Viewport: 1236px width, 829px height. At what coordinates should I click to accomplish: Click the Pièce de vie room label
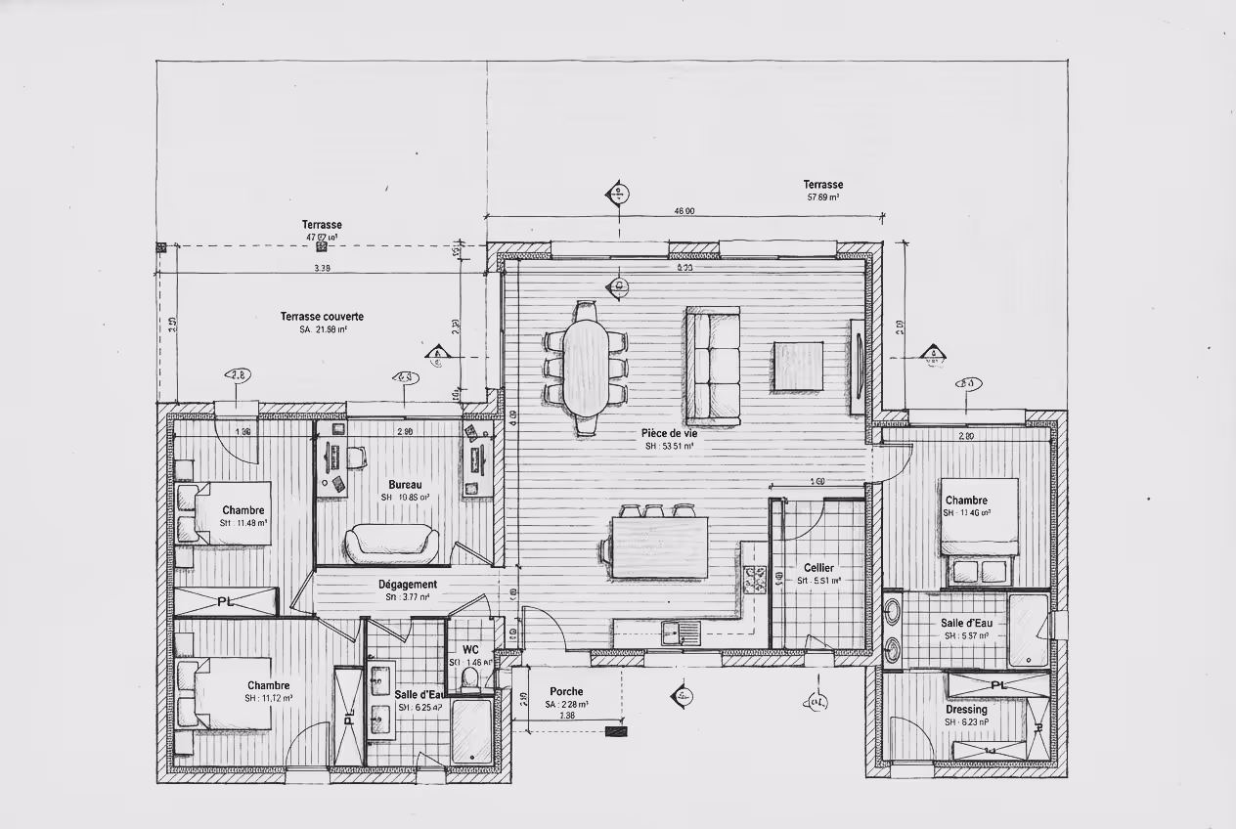[x=669, y=432]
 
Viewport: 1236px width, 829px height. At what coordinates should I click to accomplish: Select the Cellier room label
[x=818, y=568]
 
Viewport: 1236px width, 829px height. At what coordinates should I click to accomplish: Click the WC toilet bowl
[x=470, y=677]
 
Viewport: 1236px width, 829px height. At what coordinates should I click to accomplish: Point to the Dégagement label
[x=407, y=585]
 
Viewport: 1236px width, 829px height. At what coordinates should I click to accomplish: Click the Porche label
[x=566, y=691]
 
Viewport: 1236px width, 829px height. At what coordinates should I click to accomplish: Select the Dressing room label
[x=965, y=710]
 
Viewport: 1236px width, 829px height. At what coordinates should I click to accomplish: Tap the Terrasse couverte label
[x=322, y=317]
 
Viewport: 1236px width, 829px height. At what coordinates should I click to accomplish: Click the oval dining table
[x=586, y=366]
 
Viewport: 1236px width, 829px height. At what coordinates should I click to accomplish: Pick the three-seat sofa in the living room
[x=713, y=365]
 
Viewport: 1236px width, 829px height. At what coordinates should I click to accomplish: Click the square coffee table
[x=798, y=366]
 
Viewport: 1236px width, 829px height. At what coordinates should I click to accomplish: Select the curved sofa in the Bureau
[x=391, y=544]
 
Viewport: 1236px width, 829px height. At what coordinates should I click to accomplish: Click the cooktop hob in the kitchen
[x=755, y=580]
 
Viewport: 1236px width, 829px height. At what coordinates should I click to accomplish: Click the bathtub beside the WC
[x=472, y=730]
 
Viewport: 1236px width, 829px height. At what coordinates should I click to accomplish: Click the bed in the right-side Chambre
[x=978, y=517]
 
